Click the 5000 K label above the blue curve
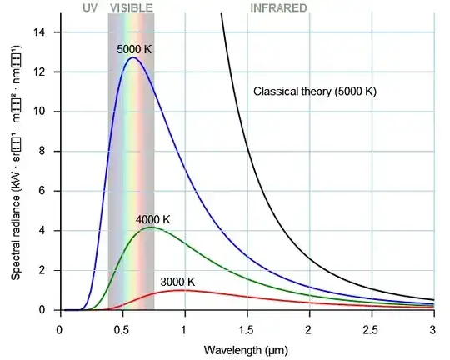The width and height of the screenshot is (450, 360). [135, 49]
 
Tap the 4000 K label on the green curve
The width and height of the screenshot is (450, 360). [153, 219]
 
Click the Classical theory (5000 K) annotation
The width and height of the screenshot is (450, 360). [315, 91]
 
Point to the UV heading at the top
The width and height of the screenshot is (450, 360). [91, 7]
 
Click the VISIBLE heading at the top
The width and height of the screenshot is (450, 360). [131, 7]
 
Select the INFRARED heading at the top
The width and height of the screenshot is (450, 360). [278, 7]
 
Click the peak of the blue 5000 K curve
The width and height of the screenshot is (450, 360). [132, 57]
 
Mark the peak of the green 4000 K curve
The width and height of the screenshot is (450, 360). [150, 227]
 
